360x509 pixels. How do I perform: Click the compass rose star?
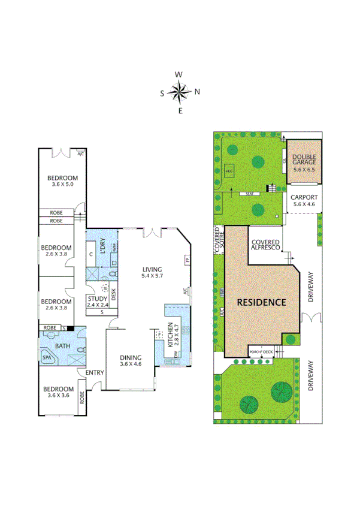pos(179,92)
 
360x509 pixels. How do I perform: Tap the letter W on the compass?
pos(179,74)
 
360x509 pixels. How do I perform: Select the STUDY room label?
pos(97,299)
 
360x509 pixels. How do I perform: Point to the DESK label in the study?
pos(113,294)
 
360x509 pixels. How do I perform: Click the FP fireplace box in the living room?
pos(187,261)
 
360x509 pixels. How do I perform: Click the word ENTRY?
pos(94,372)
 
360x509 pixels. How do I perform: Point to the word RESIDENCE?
pos(261,302)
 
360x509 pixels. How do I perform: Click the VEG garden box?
pos(228,171)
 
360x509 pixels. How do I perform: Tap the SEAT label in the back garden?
pos(248,194)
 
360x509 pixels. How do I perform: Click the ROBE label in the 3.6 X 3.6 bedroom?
pos(82,397)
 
